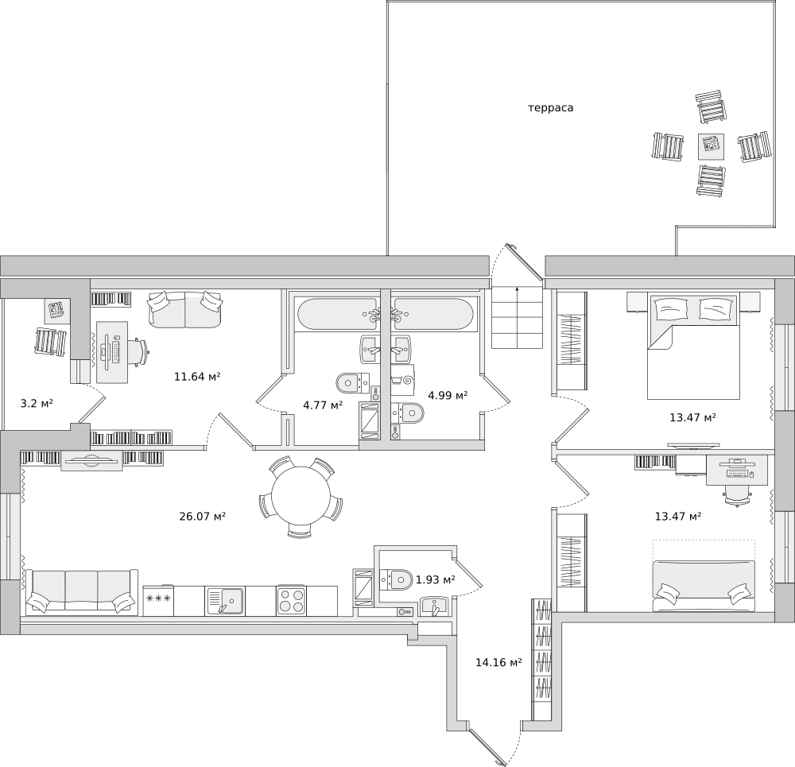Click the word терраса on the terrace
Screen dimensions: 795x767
click(x=551, y=108)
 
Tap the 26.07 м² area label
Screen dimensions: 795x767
click(x=202, y=517)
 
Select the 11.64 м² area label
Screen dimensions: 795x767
click(x=197, y=377)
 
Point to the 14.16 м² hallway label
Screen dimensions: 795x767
click(x=499, y=662)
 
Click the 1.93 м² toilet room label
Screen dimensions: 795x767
click(x=435, y=579)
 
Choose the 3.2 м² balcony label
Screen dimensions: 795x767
click(x=37, y=404)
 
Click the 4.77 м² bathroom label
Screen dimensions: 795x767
click(x=323, y=405)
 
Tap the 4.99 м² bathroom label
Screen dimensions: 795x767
click(x=448, y=395)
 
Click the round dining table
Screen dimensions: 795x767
click(x=301, y=496)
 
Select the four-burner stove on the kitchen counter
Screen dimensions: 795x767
click(x=291, y=601)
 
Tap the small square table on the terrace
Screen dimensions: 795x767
click(x=711, y=146)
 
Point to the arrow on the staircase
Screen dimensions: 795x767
click(x=517, y=317)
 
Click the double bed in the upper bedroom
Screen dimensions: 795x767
click(x=693, y=346)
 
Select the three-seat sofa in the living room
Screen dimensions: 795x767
click(x=82, y=591)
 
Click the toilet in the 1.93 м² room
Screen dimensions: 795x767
click(x=396, y=579)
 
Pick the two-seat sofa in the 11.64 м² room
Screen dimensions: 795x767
click(x=185, y=309)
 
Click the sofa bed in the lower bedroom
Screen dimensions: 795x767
click(x=704, y=586)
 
